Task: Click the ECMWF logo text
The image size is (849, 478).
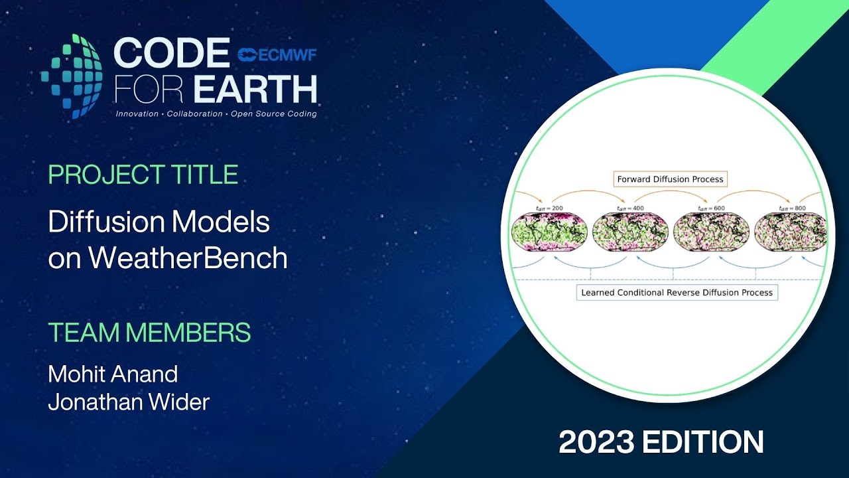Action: [x=277, y=54]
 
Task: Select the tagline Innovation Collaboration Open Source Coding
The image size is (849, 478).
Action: [x=216, y=114]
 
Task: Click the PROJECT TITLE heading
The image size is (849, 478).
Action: [x=143, y=175]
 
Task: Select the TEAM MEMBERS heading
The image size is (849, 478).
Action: [x=149, y=332]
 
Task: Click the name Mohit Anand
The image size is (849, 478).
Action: [x=113, y=374]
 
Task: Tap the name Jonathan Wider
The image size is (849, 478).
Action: [x=129, y=402]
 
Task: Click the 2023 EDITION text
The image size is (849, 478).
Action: [x=661, y=442]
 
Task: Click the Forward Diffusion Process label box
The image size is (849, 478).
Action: [x=670, y=179]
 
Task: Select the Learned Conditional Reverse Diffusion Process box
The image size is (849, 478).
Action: [x=677, y=292]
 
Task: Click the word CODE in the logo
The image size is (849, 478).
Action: [x=171, y=53]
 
